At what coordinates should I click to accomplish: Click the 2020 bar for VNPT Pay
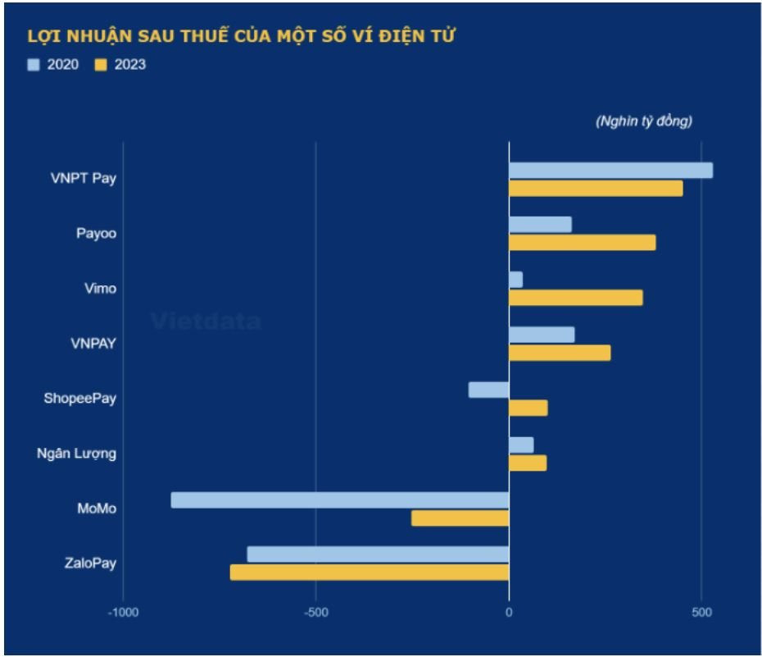(x=610, y=171)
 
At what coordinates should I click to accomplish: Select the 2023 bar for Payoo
(x=582, y=243)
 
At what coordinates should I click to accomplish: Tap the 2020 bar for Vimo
(x=515, y=280)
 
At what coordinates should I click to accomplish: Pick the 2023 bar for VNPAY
(x=560, y=353)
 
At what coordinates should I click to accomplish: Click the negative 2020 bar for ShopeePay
(x=488, y=390)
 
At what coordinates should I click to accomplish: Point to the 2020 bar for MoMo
(x=339, y=500)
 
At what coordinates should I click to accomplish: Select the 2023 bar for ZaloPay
(x=369, y=573)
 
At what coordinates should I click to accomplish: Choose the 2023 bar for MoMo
(x=460, y=518)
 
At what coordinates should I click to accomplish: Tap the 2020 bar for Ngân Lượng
(x=521, y=445)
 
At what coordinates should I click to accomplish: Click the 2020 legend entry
(x=54, y=64)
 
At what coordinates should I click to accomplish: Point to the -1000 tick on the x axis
(x=123, y=613)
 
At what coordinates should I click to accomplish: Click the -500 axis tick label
(x=315, y=613)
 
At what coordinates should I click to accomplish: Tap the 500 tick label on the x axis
(x=701, y=613)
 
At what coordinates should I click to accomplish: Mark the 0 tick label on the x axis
(x=509, y=613)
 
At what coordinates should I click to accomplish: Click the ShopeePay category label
(x=79, y=399)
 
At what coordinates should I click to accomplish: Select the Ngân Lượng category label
(x=76, y=454)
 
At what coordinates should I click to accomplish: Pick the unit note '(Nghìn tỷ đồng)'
(x=643, y=121)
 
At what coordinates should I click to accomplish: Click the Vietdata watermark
(x=206, y=322)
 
